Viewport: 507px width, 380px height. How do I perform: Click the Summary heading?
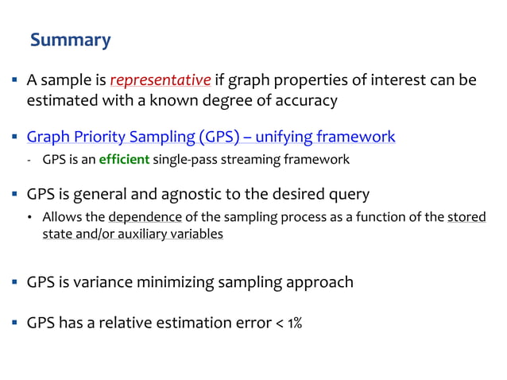(x=70, y=40)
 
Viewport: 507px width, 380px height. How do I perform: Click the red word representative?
(x=161, y=80)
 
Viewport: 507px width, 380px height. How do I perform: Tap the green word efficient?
(x=124, y=160)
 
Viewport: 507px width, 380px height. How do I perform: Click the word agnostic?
(x=206, y=194)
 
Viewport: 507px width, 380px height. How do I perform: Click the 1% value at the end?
(x=292, y=324)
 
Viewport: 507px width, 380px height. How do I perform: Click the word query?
(x=348, y=194)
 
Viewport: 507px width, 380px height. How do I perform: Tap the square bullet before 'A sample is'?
(x=15, y=81)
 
